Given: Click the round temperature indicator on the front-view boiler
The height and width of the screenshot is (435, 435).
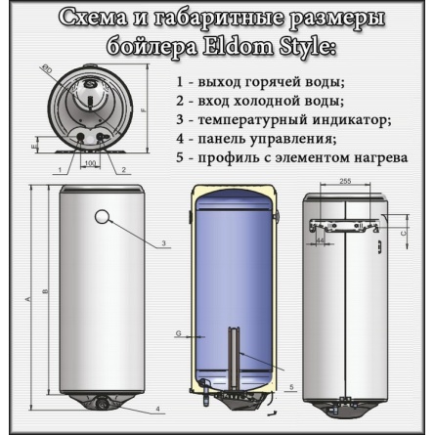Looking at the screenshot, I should tap(105, 218).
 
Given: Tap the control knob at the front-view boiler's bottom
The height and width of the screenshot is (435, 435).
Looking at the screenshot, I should tap(106, 401).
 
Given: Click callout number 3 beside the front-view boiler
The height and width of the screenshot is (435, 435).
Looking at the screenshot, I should tap(164, 242).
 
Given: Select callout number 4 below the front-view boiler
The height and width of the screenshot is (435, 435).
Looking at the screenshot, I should tap(157, 408).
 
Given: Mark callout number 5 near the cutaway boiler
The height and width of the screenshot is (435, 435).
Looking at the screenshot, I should tap(292, 389).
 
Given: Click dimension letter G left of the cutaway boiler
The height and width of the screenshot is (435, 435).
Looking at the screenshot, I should tap(179, 334).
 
